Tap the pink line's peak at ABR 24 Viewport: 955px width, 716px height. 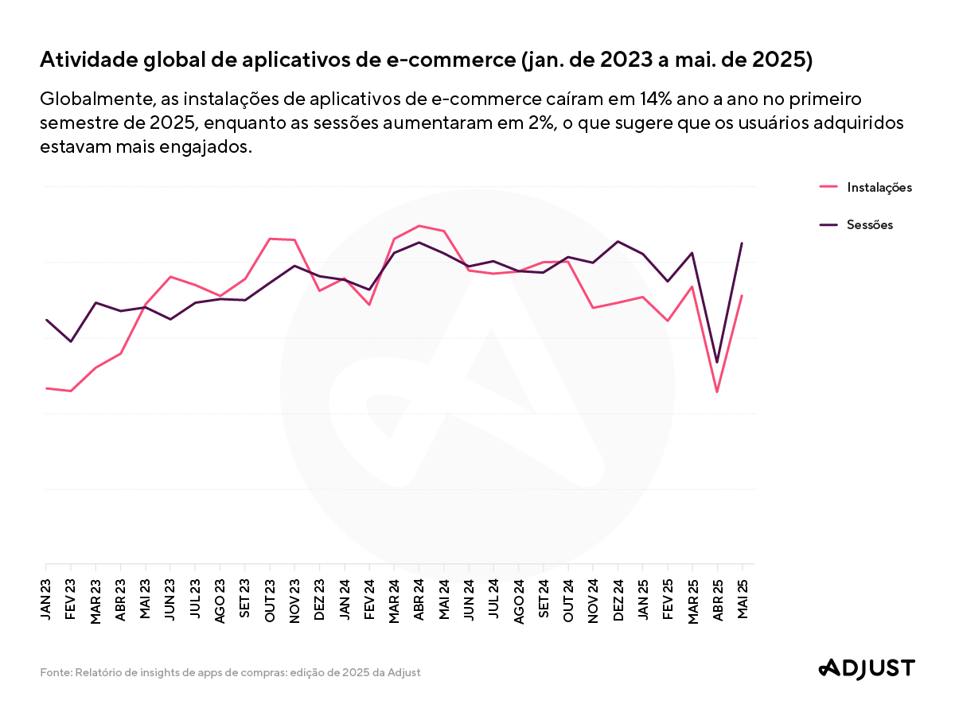pos(419,226)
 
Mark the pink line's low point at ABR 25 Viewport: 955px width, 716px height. pos(718,391)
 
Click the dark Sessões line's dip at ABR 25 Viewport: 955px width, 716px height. pos(718,362)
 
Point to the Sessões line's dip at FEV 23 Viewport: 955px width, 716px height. pos(72,341)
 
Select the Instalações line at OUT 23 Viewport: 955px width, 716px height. pos(270,239)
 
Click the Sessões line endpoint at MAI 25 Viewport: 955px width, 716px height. pos(743,243)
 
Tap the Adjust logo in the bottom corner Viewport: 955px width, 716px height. pos(867,669)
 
